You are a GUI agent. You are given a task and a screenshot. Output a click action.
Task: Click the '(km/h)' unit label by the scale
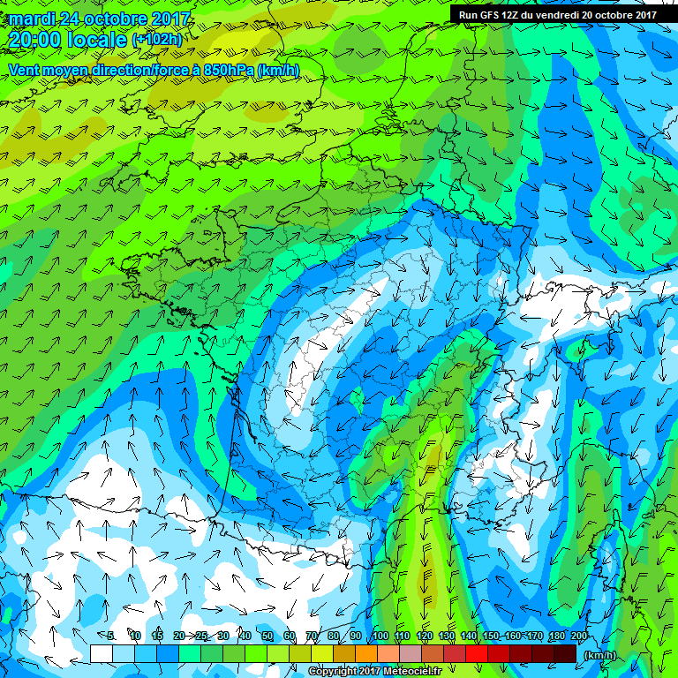click(600, 655)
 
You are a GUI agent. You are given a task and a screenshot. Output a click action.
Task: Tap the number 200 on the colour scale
click(579, 636)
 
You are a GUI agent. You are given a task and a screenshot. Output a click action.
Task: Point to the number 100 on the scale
click(380, 636)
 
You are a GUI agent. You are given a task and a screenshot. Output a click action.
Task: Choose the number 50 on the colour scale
click(267, 636)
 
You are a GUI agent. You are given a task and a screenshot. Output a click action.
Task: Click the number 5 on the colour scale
click(112, 636)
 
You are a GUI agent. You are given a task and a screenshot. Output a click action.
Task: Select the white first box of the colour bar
click(102, 653)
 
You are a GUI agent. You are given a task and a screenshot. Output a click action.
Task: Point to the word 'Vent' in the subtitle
click(24, 70)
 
